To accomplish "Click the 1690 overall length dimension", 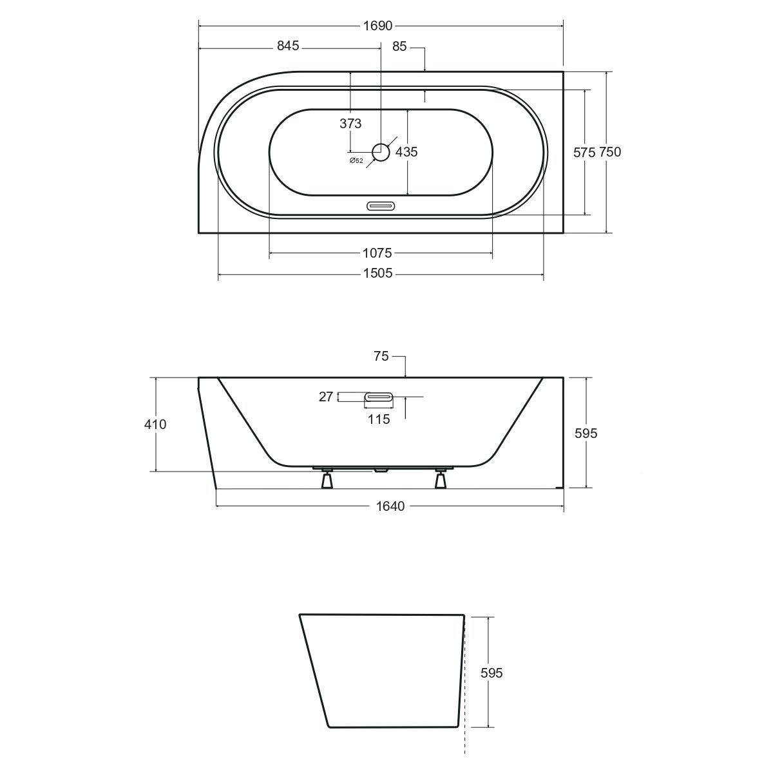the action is pos(377,26).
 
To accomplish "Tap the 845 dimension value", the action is pos(288,46).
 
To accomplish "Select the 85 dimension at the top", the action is pos(399,46).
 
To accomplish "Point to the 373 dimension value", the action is pos(350,124).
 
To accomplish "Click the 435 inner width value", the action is pos(406,151).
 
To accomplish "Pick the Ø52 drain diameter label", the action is pos(356,161).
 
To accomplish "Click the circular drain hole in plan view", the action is pos(381,152).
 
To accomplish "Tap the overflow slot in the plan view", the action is pos(381,205).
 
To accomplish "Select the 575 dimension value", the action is pos(584,153).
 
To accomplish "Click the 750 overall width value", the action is pos(610,152).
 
